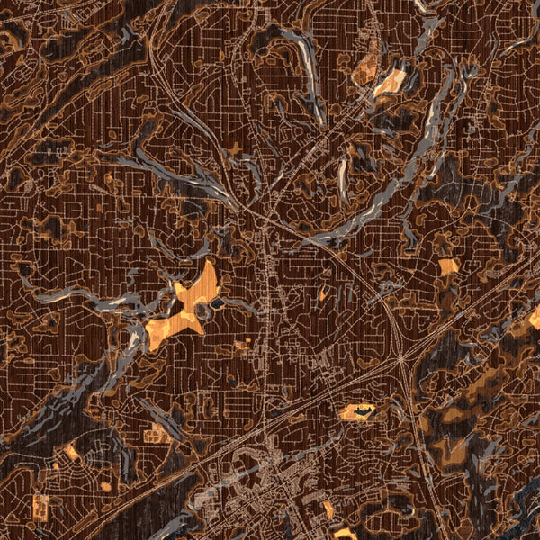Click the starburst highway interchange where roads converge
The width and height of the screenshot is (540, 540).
tap(400, 359)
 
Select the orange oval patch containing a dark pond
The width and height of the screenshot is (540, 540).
tap(357, 412)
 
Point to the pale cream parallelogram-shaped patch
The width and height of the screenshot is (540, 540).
tap(391, 83)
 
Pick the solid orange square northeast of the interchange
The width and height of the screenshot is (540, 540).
tap(448, 266)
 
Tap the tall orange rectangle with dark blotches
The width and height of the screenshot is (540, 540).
tap(40, 507)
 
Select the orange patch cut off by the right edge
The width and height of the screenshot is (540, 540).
tap(535, 318)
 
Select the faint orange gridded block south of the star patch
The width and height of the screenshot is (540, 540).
tap(243, 343)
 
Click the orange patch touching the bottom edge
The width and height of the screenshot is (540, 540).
tap(345, 534)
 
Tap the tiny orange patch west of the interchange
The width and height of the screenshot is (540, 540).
tap(322, 294)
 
